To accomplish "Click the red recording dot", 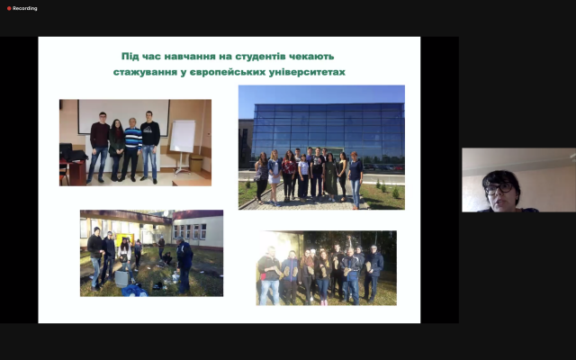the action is pyautogui.click(x=9, y=8).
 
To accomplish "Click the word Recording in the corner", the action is pyautogui.click(x=25, y=8).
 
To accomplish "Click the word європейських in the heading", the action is pyautogui.click(x=228, y=72).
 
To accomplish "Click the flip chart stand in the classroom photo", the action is pyautogui.click(x=182, y=146).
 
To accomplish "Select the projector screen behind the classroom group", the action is pyautogui.click(x=123, y=117).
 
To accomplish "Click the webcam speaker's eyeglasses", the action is pyautogui.click(x=499, y=189).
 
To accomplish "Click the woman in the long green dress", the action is pyautogui.click(x=330, y=177).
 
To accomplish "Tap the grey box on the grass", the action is pyautogui.click(x=122, y=278).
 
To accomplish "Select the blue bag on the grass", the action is pyautogui.click(x=135, y=291).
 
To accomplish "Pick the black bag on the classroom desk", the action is pyautogui.click(x=74, y=155).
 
